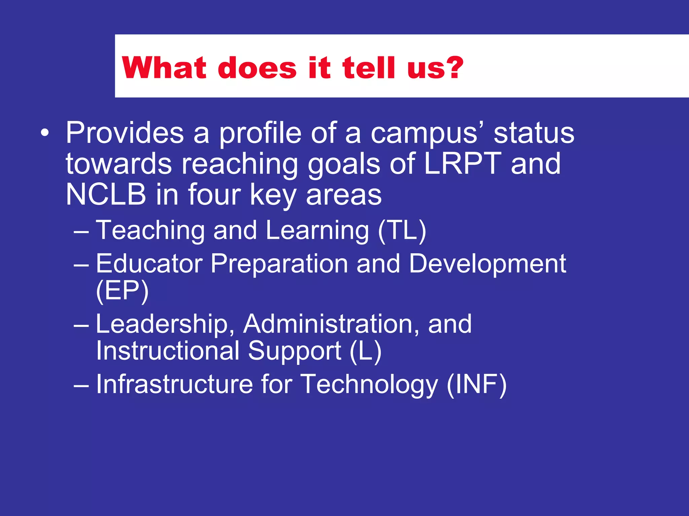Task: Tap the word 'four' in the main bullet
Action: pos(214,195)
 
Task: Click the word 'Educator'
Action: pos(149,264)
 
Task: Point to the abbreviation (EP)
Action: pos(122,291)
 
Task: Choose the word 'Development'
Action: pos(487,264)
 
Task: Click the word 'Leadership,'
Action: pos(165,324)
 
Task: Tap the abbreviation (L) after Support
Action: pos(366,351)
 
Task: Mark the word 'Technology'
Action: pos(369,385)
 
